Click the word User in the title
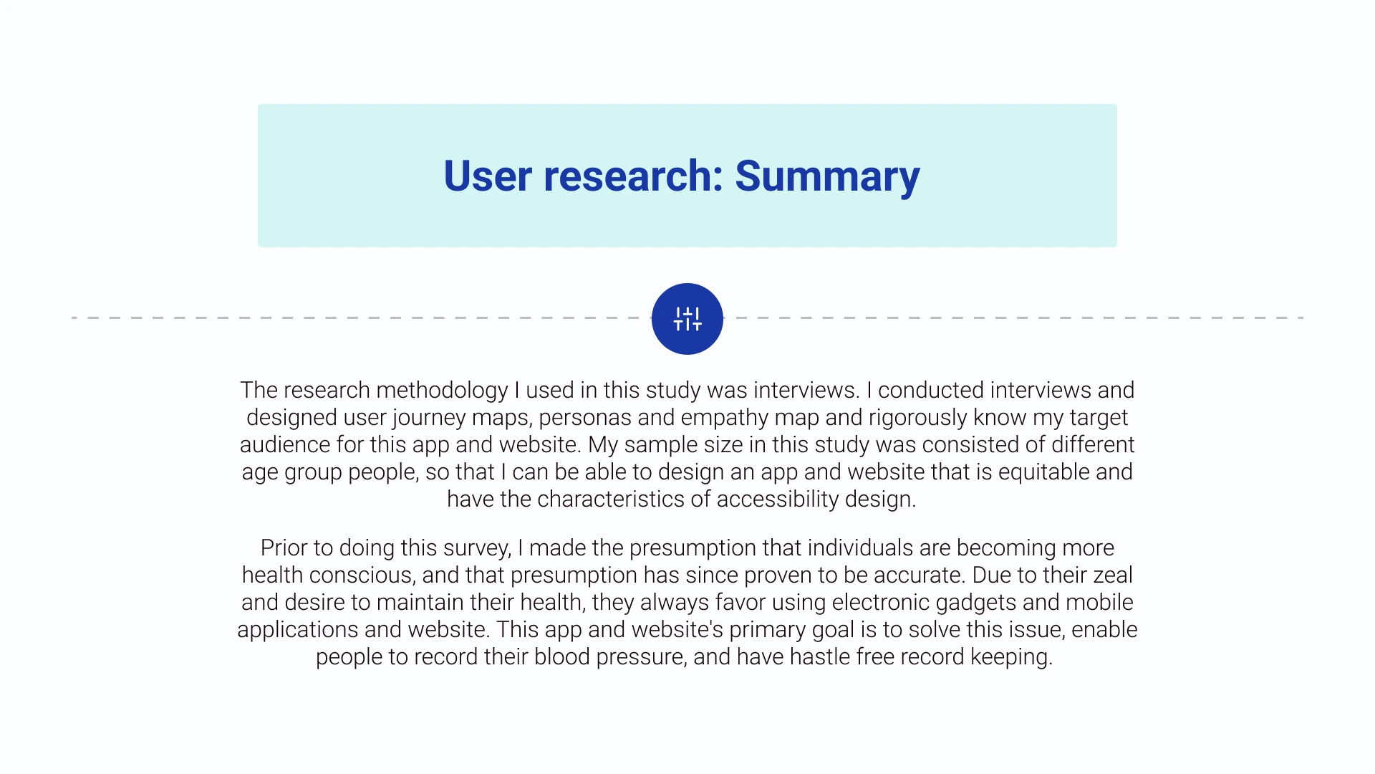point(488,176)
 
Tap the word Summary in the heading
point(827,176)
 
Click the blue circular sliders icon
point(687,319)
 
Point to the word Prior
point(281,548)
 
